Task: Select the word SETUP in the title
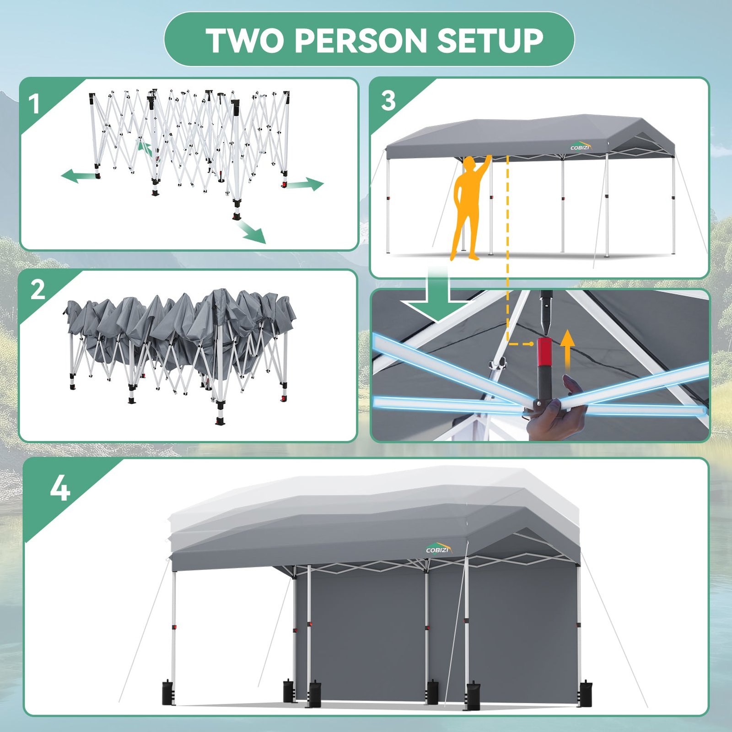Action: pyautogui.click(x=490, y=40)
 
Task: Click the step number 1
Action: pyautogui.click(x=34, y=104)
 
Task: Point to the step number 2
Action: pyautogui.click(x=38, y=290)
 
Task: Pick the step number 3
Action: pyautogui.click(x=388, y=101)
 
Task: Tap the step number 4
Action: pyautogui.click(x=60, y=488)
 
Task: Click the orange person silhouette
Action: pyautogui.click(x=469, y=206)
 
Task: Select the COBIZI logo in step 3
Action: pyautogui.click(x=581, y=146)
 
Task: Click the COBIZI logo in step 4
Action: pyautogui.click(x=439, y=549)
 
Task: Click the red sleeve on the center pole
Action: pyautogui.click(x=544, y=352)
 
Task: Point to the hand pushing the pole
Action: pyautogui.click(x=556, y=407)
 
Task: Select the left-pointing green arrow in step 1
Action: pyautogui.click(x=78, y=176)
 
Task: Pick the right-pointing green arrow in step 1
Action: pyautogui.click(x=306, y=184)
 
